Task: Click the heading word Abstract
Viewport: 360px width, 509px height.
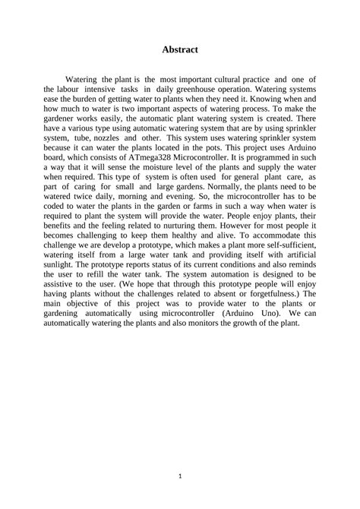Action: click(180, 49)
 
